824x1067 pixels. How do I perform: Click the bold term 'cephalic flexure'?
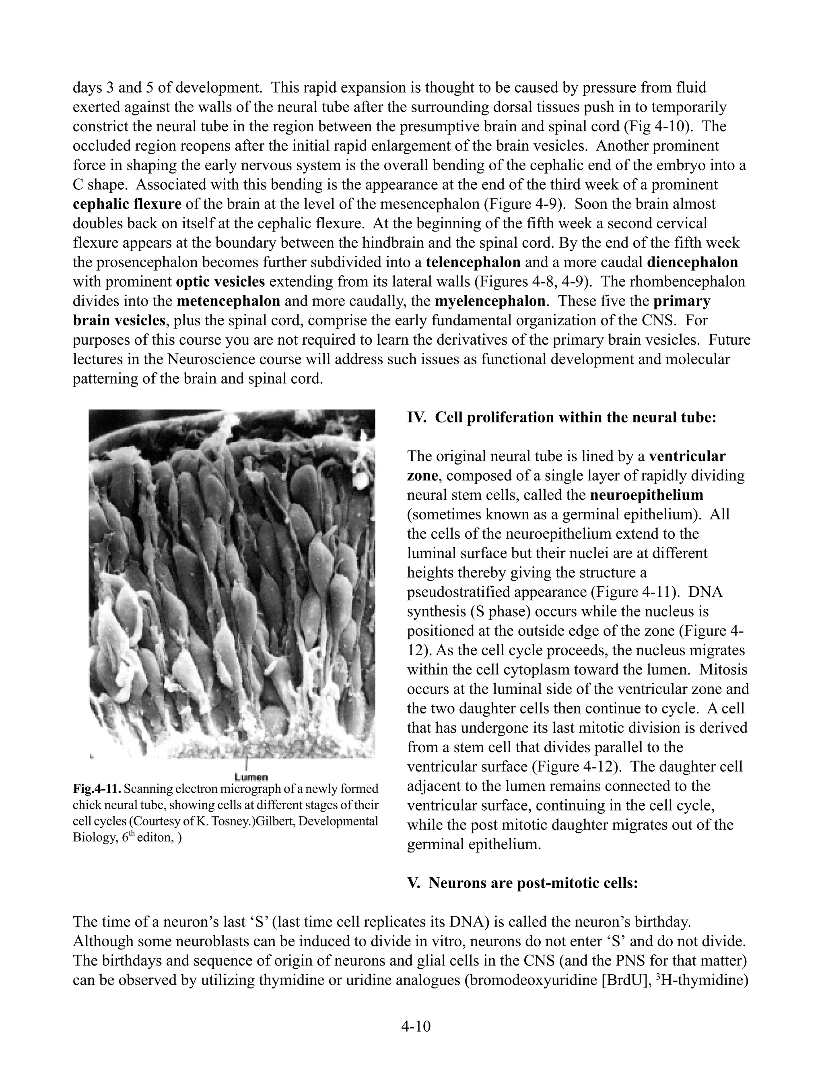coord(127,204)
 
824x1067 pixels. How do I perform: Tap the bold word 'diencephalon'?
coord(692,263)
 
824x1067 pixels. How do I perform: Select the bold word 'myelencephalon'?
coord(490,301)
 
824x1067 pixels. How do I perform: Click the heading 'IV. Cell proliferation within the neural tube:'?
coord(561,418)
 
